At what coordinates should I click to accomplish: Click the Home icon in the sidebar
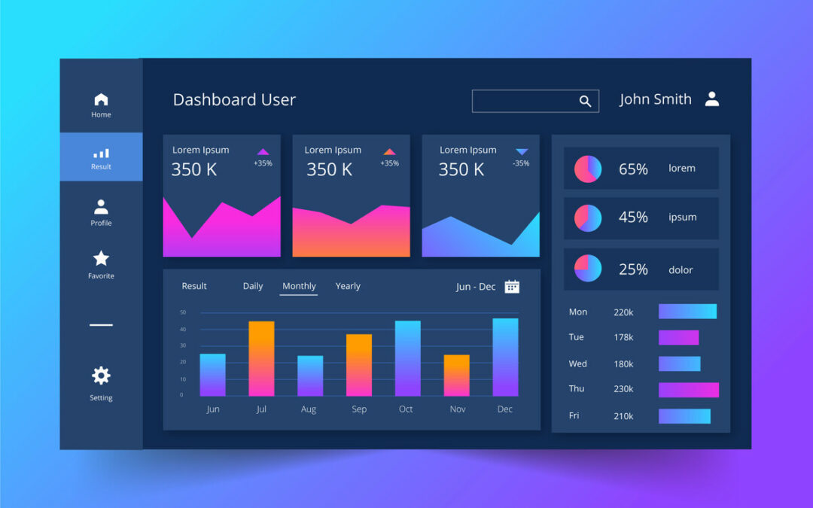coord(101,99)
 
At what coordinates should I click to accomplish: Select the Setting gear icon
coord(101,376)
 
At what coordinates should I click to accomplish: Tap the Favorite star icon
coord(101,259)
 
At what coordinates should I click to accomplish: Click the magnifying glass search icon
coord(585,102)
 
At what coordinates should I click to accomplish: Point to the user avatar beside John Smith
coord(712,99)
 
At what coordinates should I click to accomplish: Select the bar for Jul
coord(261,358)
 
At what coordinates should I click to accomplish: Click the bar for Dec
coord(505,357)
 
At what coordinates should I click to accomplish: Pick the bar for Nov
coord(456,375)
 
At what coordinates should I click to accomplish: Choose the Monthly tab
coord(299,286)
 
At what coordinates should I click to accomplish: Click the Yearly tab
coord(348,286)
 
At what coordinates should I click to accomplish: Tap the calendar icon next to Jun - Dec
coord(512,286)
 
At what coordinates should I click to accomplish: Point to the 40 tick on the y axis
coord(183,329)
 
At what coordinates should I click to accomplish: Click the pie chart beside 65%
coord(588,169)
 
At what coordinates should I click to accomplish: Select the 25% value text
coord(633,269)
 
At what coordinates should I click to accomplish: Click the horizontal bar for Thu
coord(688,390)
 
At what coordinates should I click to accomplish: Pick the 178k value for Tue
coord(623,337)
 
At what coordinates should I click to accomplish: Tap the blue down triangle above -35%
coord(522,152)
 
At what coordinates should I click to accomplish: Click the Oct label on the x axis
coord(406,409)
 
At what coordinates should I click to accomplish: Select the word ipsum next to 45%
coord(682,217)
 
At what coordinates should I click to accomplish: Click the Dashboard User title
coord(234,100)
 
